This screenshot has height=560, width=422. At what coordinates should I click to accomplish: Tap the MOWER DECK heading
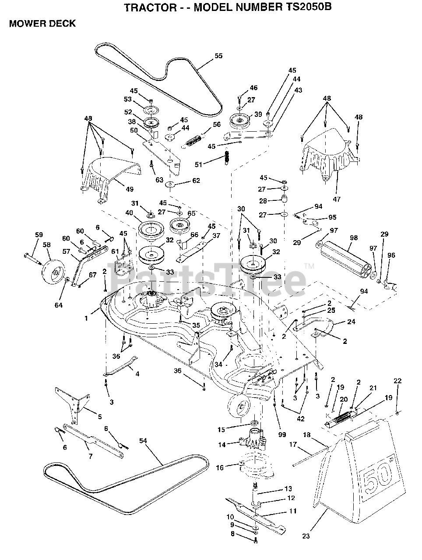42,24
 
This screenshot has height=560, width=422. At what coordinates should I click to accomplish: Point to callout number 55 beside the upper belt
218,56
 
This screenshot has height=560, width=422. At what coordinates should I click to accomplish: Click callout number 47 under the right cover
337,199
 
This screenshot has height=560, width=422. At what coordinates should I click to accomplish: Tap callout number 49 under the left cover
130,189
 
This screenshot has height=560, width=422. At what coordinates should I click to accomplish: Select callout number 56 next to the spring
216,124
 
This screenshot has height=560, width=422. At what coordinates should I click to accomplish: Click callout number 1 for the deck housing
87,318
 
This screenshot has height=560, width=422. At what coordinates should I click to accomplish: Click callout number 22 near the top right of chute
397,381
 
